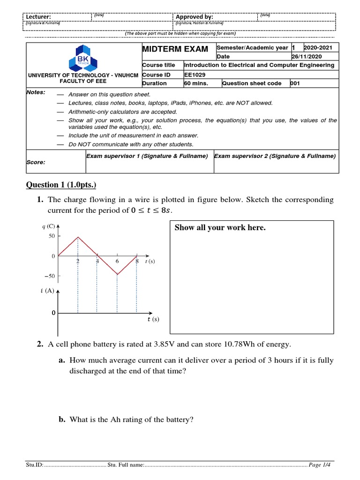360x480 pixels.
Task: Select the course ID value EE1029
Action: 195,75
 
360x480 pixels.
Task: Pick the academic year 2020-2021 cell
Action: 319,48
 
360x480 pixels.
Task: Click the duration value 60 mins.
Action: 196,83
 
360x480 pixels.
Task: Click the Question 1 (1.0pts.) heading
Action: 64,185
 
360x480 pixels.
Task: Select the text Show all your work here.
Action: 220,228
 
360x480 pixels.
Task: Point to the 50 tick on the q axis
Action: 52,236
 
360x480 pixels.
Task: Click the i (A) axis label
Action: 47,291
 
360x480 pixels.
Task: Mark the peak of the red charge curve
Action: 78,237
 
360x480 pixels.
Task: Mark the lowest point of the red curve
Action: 117,275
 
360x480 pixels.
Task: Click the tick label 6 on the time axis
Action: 117,261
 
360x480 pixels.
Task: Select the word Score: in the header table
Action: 36,162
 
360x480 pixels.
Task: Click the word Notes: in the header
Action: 36,92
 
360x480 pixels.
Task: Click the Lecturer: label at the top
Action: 38,17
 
